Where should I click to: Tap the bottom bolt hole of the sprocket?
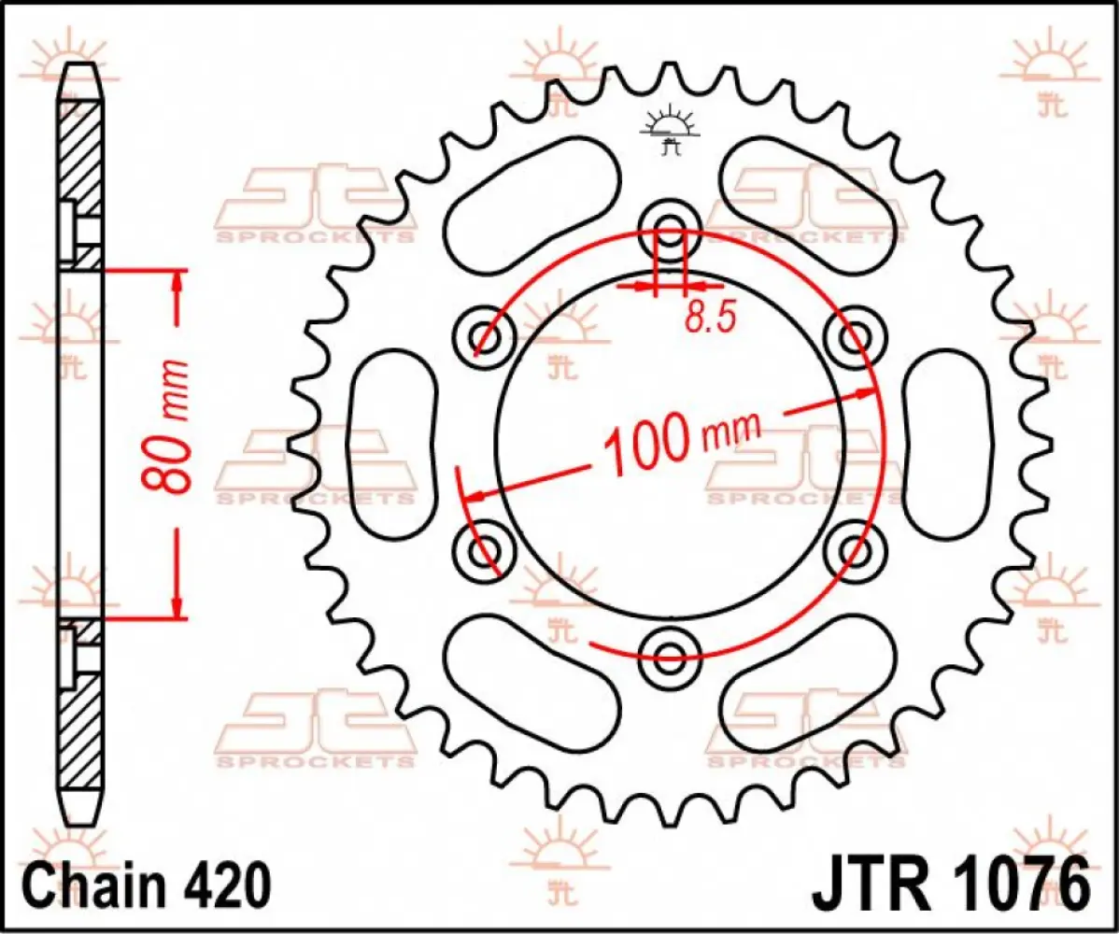(x=670, y=650)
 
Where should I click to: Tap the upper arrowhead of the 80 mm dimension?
(x=177, y=281)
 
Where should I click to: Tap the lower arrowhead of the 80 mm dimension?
(x=177, y=608)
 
